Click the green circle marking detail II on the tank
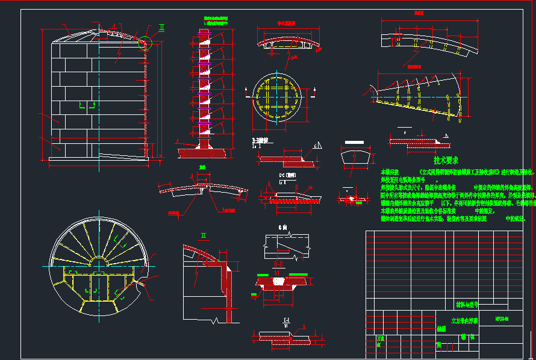click(x=145, y=43)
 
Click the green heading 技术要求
click(x=446, y=161)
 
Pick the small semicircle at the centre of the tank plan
click(x=98, y=263)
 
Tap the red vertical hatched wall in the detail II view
click(x=227, y=295)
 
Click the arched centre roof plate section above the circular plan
click(x=286, y=45)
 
